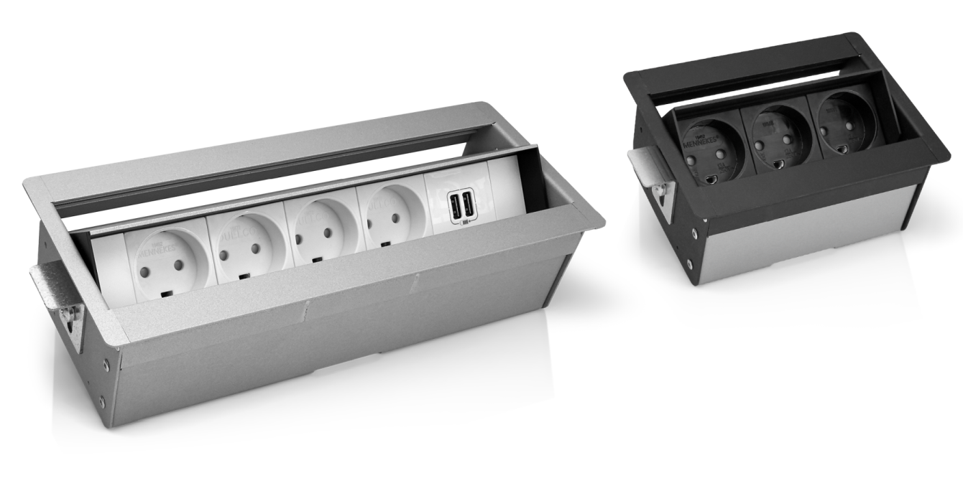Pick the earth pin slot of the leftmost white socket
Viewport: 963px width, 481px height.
pyautogui.click(x=171, y=292)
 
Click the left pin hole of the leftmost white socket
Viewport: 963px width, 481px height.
pyautogui.click(x=146, y=274)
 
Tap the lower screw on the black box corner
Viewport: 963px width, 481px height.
pyautogui.click(x=690, y=264)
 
